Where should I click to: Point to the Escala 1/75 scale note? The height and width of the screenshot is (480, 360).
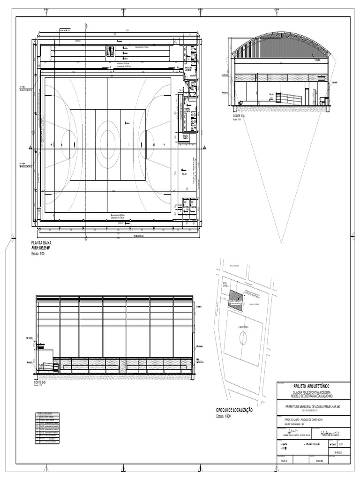pos(39,254)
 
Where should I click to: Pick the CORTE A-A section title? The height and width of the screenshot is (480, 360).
pos(239,115)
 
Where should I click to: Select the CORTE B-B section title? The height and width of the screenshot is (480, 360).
pos(40,382)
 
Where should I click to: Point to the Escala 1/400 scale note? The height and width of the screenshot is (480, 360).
pos(225,416)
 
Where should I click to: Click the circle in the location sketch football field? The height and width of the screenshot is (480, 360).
pos(243,337)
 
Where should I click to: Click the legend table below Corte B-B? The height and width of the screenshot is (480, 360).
pos(48,427)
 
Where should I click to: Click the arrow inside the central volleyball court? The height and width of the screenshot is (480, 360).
pos(127,122)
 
